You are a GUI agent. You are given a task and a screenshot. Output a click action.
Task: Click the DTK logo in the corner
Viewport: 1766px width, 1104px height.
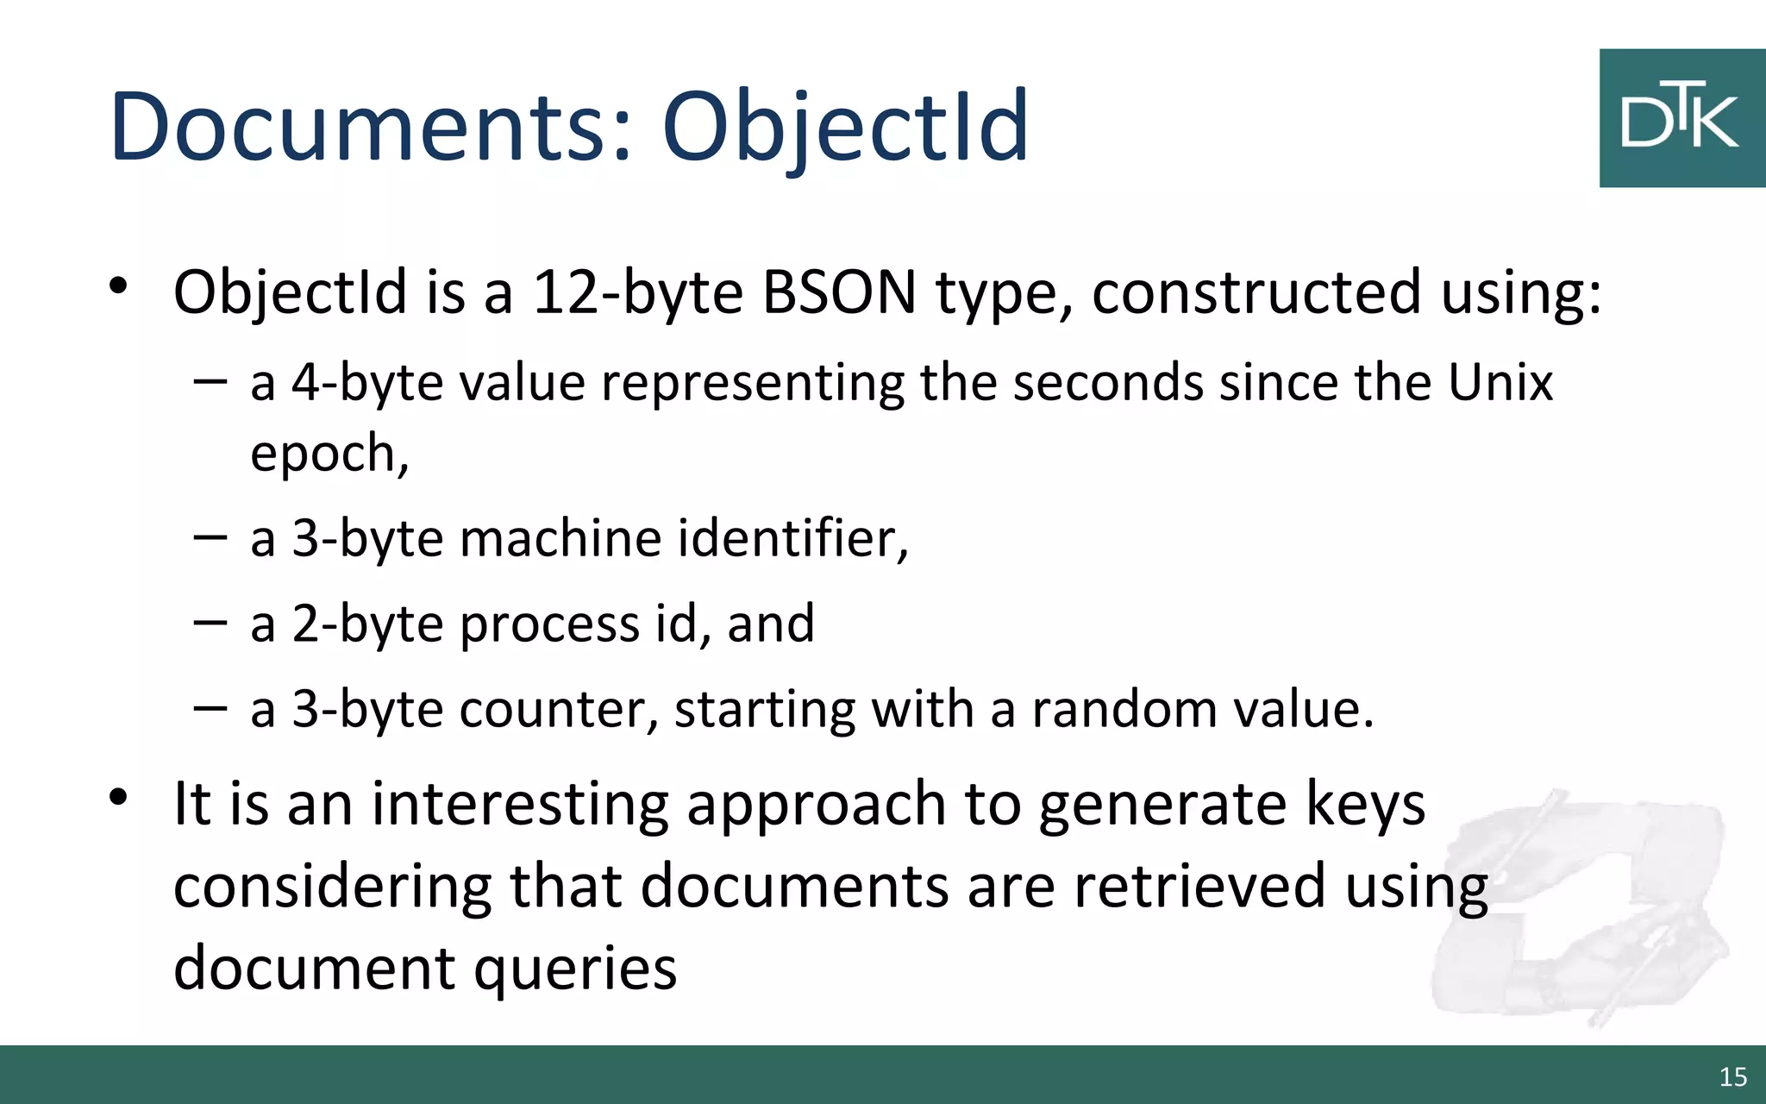(1681, 118)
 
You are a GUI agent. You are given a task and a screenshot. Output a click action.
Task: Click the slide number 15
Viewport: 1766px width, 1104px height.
(1732, 1076)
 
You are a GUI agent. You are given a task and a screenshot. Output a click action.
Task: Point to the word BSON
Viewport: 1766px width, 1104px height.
(839, 292)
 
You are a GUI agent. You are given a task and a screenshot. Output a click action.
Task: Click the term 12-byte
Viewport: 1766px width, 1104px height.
(637, 292)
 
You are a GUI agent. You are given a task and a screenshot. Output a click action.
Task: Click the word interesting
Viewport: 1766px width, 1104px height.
(520, 804)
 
